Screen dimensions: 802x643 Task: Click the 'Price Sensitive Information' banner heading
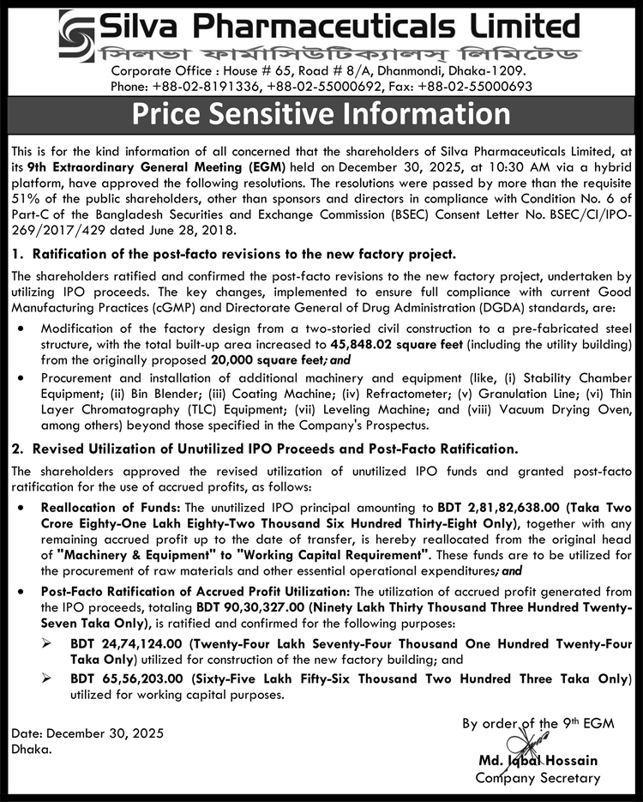[x=321, y=114]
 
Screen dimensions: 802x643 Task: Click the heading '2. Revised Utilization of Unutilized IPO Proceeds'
[x=265, y=448]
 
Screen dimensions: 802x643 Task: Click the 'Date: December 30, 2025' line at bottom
[x=87, y=734]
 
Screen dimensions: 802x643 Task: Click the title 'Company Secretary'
[x=538, y=778]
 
